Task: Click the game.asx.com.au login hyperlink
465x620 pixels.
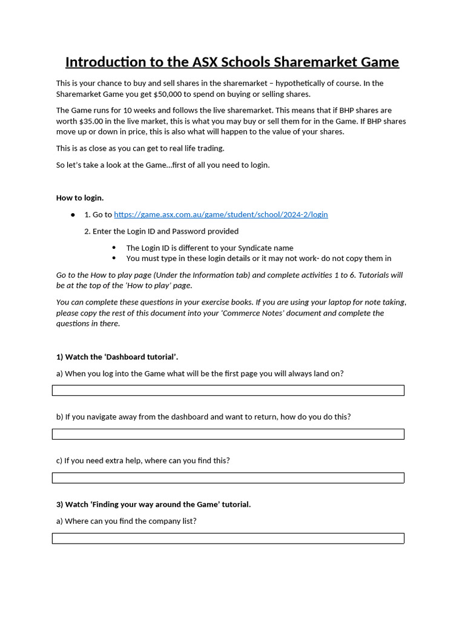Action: click(220, 214)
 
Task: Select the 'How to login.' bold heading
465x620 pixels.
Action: click(80, 197)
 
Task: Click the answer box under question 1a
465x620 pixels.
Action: click(228, 391)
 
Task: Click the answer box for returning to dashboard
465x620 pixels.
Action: click(228, 434)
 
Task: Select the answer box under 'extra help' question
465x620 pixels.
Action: click(228, 478)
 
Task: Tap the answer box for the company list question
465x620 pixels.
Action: click(228, 538)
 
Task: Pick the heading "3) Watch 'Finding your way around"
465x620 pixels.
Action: click(153, 504)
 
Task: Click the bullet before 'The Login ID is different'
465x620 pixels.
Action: click(114, 248)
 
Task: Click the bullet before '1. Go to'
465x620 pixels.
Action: click(73, 215)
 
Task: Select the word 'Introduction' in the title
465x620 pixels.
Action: click(105, 62)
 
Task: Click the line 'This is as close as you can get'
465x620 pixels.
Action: click(140, 148)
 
